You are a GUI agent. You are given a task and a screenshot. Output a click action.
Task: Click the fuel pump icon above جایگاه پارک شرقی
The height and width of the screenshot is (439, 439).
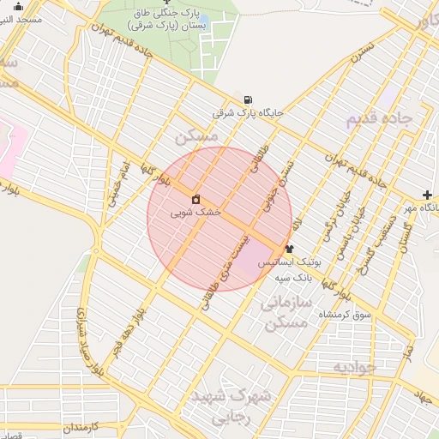248,99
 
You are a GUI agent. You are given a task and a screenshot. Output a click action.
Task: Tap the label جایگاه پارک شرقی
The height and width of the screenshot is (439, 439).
248,112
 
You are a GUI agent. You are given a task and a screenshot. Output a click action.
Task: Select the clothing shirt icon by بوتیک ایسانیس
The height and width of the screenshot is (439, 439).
289,249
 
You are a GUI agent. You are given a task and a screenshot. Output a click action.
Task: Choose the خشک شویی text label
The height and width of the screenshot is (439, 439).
195,211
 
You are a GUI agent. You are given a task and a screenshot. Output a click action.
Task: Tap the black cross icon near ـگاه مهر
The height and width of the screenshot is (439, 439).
427,195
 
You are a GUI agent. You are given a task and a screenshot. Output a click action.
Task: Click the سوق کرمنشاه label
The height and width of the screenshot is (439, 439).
345,315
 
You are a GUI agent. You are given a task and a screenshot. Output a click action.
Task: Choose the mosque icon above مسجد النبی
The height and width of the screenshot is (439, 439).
20,7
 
